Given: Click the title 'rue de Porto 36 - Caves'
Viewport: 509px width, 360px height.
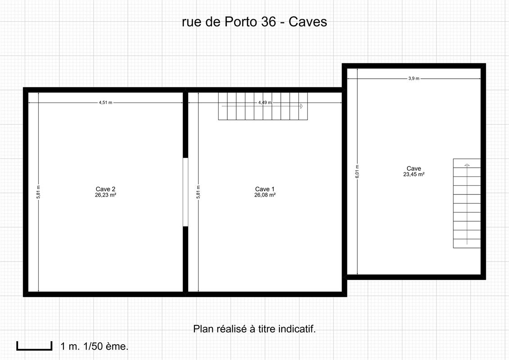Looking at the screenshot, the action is pyautogui.click(x=255, y=22).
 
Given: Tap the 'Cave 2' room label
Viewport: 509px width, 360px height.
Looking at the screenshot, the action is pyautogui.click(x=105, y=189).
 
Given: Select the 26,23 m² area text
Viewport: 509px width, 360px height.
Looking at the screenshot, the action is pyautogui.click(x=105, y=195).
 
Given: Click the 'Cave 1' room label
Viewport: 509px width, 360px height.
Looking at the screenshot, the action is pyautogui.click(x=265, y=189).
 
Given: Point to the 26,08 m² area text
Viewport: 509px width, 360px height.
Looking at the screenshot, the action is pyautogui.click(x=265, y=195).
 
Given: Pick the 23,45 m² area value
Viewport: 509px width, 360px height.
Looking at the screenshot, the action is pyautogui.click(x=414, y=174).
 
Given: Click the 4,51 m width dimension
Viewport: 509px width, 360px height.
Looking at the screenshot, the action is pyautogui.click(x=105, y=103).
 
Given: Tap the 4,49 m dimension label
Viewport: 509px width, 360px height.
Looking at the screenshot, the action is pyautogui.click(x=265, y=103).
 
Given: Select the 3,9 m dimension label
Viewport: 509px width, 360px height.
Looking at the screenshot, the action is pyautogui.click(x=414, y=78).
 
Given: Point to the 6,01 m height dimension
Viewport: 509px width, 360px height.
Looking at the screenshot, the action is pyautogui.click(x=357, y=171).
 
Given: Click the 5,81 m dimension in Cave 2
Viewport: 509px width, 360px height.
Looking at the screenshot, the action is pyautogui.click(x=38, y=192).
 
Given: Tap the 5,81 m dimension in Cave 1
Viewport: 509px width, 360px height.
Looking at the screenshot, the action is pyautogui.click(x=198, y=192).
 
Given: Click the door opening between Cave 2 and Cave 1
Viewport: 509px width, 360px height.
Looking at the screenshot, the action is pyautogui.click(x=186, y=192).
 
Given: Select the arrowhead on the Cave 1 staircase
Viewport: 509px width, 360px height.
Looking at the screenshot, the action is pyautogui.click(x=301, y=106).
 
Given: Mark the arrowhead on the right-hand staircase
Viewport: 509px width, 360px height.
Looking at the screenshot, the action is pyautogui.click(x=467, y=165).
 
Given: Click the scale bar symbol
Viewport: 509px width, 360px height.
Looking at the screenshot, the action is pyautogui.click(x=34, y=346).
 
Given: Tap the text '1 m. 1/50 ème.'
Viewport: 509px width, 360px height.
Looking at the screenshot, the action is pyautogui.click(x=95, y=346).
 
